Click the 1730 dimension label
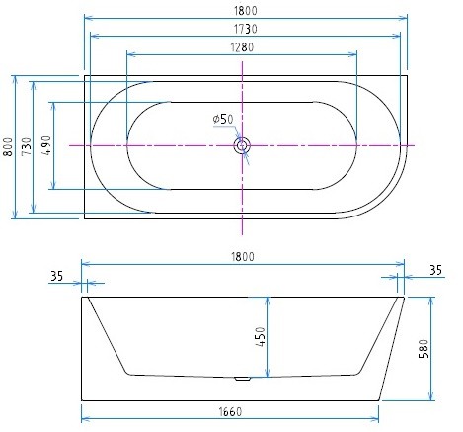[x=245, y=29]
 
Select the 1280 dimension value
[x=242, y=47]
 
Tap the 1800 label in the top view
[x=246, y=11]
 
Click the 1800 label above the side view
[x=243, y=257]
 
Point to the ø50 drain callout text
[x=223, y=119]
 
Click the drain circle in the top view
[x=242, y=145]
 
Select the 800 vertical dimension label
[x=8, y=147]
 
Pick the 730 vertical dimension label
[x=27, y=146]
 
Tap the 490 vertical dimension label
[x=46, y=145]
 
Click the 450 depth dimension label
[x=260, y=336]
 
